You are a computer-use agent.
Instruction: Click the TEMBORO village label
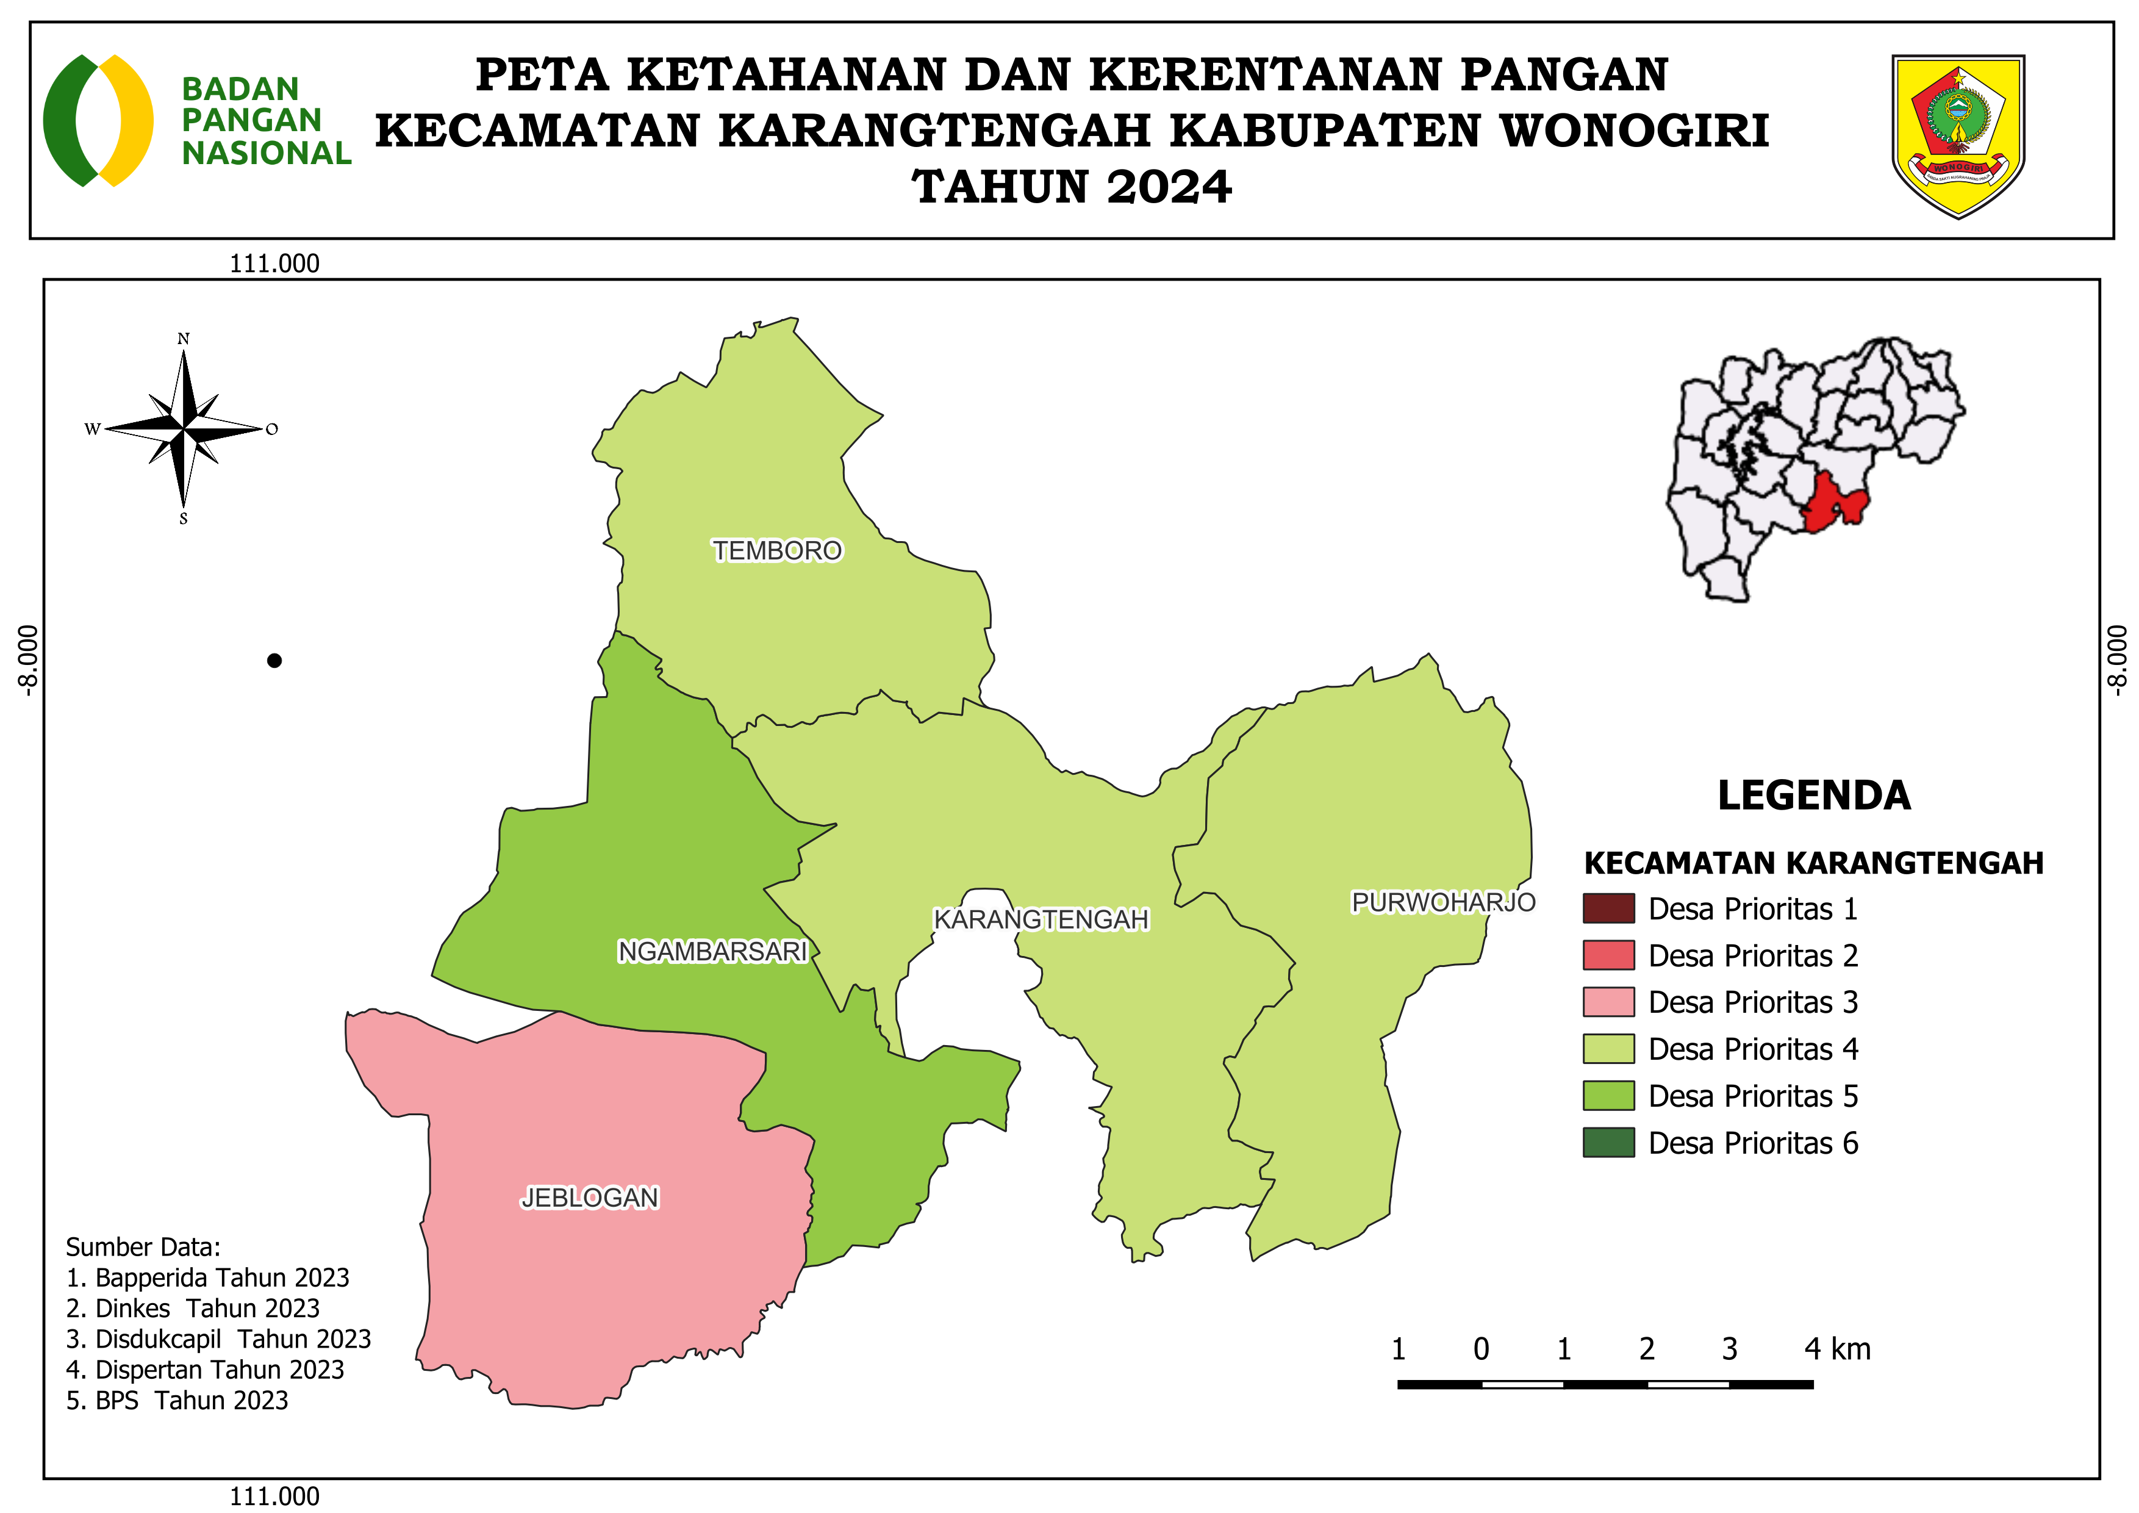point(777,551)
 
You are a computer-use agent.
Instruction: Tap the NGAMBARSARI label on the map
point(712,951)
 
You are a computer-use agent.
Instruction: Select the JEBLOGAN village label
point(590,1197)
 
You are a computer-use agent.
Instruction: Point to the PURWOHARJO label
point(1443,902)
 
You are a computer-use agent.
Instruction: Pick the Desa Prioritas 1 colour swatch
point(1608,908)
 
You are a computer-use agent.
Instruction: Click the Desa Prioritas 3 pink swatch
point(1608,1002)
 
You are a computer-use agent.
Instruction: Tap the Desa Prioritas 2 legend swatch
point(1608,955)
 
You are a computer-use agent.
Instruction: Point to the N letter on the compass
point(184,339)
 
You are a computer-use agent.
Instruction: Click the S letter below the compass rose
point(184,519)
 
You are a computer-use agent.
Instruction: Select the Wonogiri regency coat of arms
point(1958,135)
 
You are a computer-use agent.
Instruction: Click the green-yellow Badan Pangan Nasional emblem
point(98,120)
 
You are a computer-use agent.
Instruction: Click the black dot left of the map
point(274,661)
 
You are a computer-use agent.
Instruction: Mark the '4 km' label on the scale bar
point(1836,1348)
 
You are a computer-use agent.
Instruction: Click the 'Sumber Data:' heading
point(143,1246)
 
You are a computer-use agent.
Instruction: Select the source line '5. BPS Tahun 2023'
point(177,1400)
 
